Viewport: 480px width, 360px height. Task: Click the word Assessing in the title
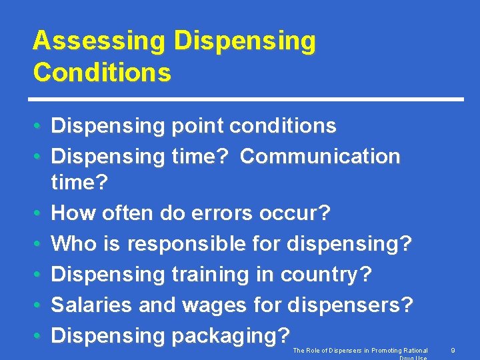pyautogui.click(x=99, y=41)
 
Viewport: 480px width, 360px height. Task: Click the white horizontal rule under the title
pyautogui.click(x=248, y=99)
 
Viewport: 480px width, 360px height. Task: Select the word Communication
pyautogui.click(x=320, y=156)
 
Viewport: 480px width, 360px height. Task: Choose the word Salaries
pyautogui.click(x=91, y=305)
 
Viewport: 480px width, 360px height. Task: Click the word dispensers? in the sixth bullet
pyautogui.click(x=350, y=305)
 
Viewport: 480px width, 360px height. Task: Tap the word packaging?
pyautogui.click(x=231, y=335)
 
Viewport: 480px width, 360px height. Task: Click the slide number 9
pyautogui.click(x=453, y=350)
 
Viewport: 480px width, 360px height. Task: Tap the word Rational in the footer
pyautogui.click(x=414, y=350)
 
